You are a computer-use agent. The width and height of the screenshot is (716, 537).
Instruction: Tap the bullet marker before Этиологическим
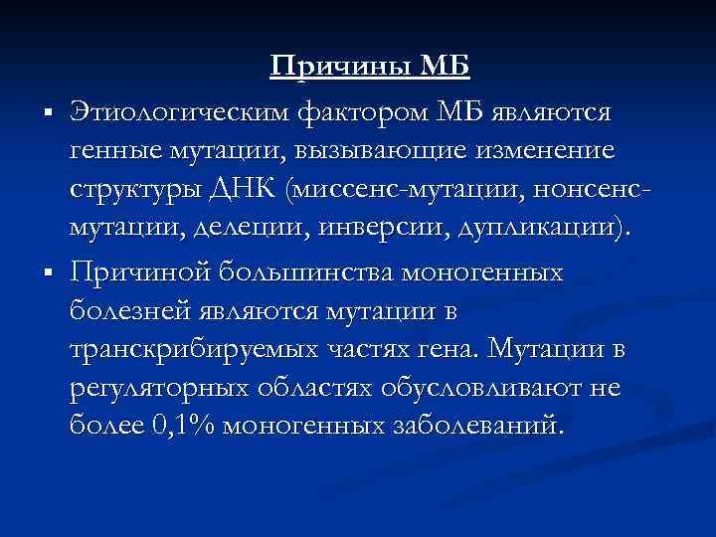[x=48, y=114]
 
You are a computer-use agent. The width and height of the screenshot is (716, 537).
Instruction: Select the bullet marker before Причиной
[x=48, y=273]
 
